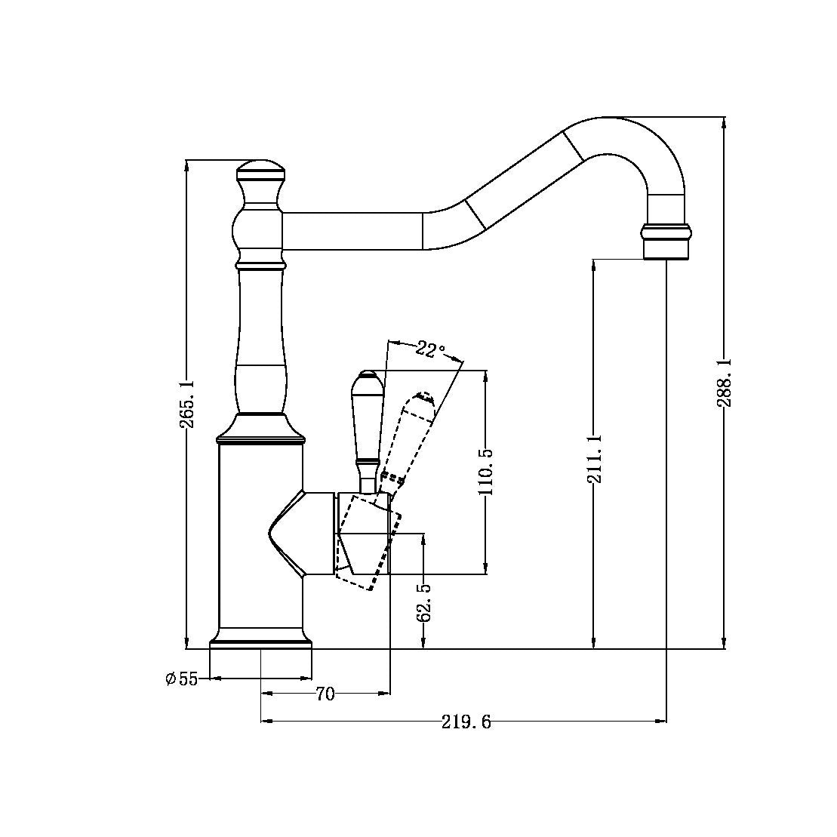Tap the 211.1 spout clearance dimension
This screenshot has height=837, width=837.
(x=595, y=459)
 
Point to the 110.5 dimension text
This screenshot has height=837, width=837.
(x=485, y=471)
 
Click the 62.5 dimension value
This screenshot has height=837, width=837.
(x=424, y=602)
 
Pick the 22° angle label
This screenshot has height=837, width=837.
(x=430, y=349)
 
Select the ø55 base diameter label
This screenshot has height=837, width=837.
(x=182, y=679)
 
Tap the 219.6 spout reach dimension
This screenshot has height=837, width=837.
(x=466, y=722)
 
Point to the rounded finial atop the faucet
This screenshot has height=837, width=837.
(x=260, y=168)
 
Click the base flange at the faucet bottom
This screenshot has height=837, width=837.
(x=260, y=642)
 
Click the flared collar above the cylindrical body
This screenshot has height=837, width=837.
(x=260, y=429)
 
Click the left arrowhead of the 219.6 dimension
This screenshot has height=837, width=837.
(x=266, y=722)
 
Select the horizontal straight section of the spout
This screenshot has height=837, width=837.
(x=351, y=231)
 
